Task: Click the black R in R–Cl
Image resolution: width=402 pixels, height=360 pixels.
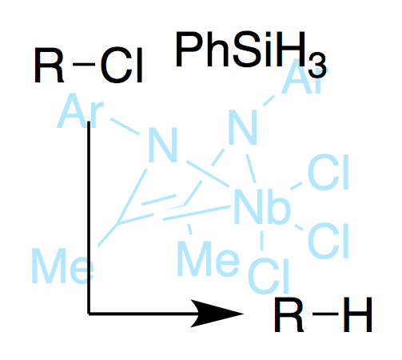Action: pyautogui.click(x=49, y=66)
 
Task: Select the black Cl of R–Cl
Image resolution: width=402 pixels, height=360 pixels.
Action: pyautogui.click(x=121, y=66)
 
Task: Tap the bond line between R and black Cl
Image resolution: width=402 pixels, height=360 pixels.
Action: pyautogui.click(x=84, y=64)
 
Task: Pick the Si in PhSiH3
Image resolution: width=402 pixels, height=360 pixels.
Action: pyautogui.click(x=253, y=50)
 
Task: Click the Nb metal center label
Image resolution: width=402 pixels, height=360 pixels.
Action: pyautogui.click(x=261, y=206)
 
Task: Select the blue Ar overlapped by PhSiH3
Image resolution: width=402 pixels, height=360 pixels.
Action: pyautogui.click(x=304, y=78)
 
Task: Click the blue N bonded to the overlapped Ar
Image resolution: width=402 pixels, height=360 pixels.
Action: pyautogui.click(x=243, y=127)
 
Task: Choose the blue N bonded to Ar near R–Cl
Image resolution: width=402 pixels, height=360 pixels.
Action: pyautogui.click(x=163, y=145)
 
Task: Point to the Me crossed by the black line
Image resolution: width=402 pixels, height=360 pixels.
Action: pyautogui.click(x=63, y=266)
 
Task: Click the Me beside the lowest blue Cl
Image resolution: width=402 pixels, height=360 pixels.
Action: pyautogui.click(x=208, y=258)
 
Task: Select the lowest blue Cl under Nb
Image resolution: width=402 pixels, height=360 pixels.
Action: pyautogui.click(x=269, y=276)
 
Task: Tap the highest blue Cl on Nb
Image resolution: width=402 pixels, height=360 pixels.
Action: pyautogui.click(x=328, y=172)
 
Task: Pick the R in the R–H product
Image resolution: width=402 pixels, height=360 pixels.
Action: pyautogui.click(x=289, y=314)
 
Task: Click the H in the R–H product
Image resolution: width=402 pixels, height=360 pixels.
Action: pyautogui.click(x=357, y=314)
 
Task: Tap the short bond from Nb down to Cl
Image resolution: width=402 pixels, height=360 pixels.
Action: pyautogui.click(x=262, y=241)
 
